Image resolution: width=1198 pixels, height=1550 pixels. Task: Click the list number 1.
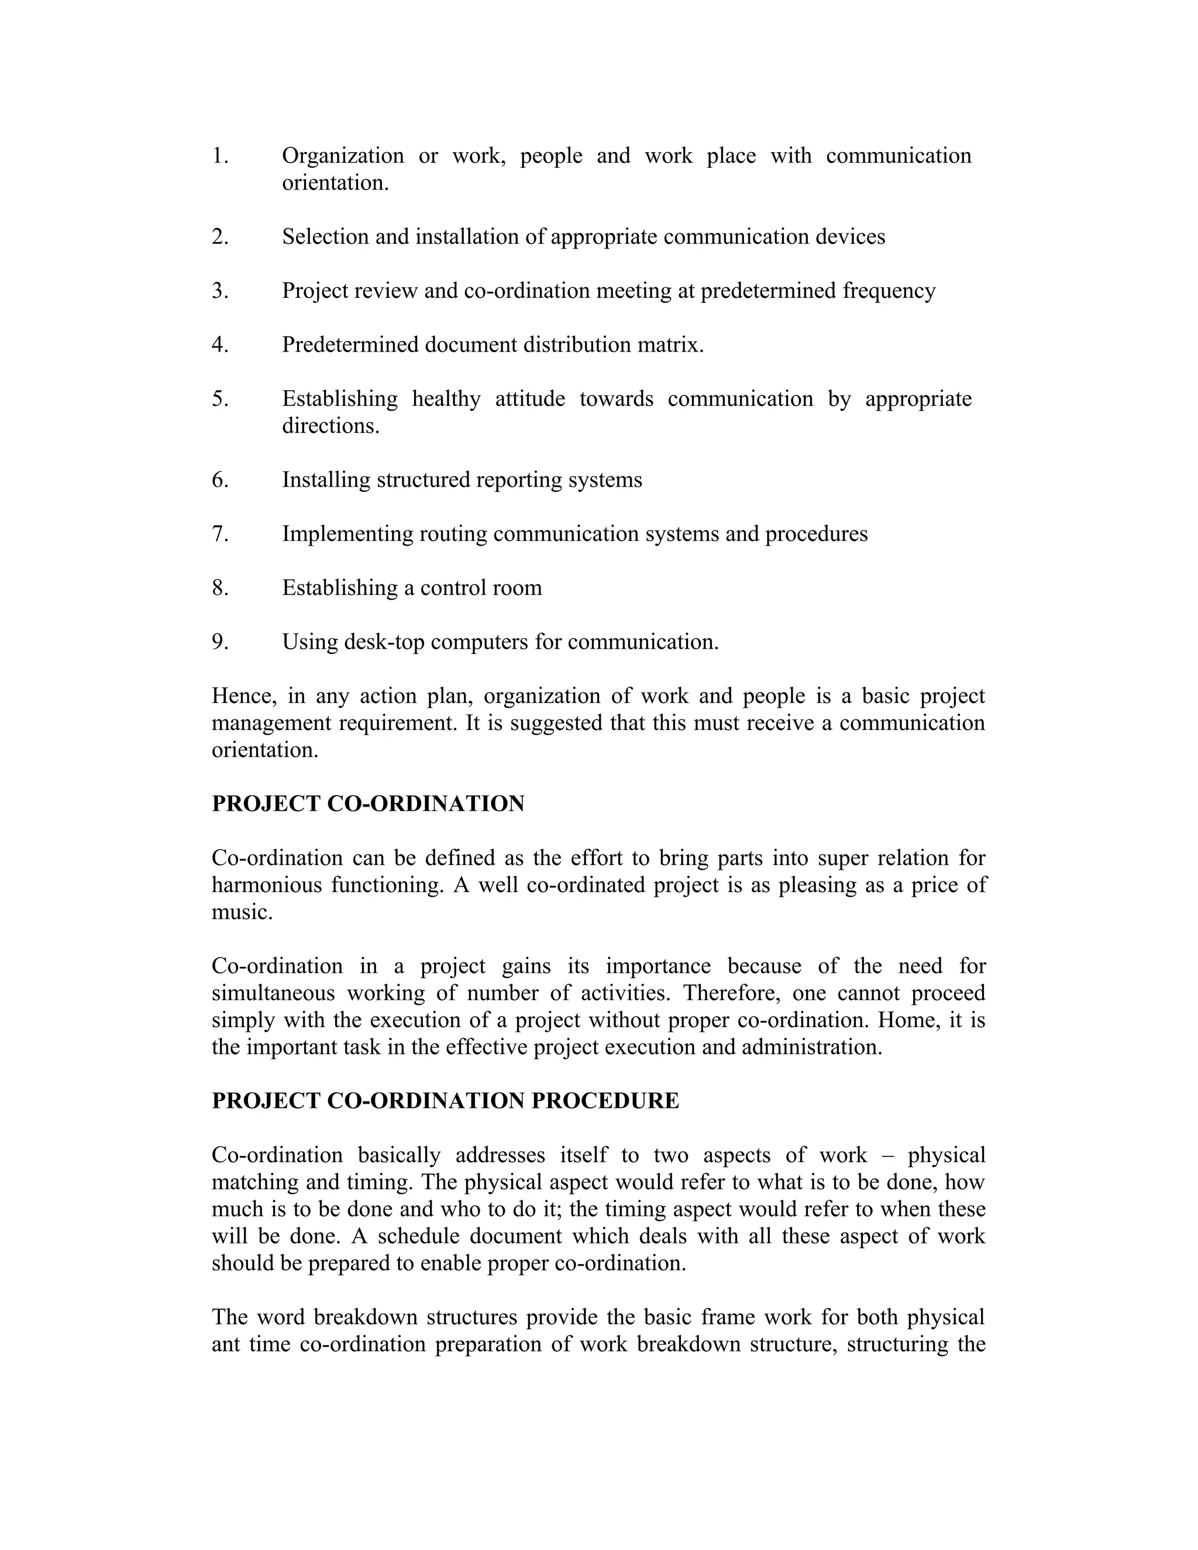[x=219, y=156]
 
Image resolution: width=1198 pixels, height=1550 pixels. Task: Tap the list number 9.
[x=219, y=642]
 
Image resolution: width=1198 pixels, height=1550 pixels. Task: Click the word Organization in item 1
[x=343, y=156]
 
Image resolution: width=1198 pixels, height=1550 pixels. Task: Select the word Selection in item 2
[x=326, y=237]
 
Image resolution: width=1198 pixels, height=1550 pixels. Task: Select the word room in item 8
[x=519, y=588]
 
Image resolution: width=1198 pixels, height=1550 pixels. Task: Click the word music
[x=242, y=912]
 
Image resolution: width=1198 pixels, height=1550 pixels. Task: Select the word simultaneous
[x=273, y=994]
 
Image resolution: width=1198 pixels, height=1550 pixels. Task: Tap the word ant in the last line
[x=226, y=1345]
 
